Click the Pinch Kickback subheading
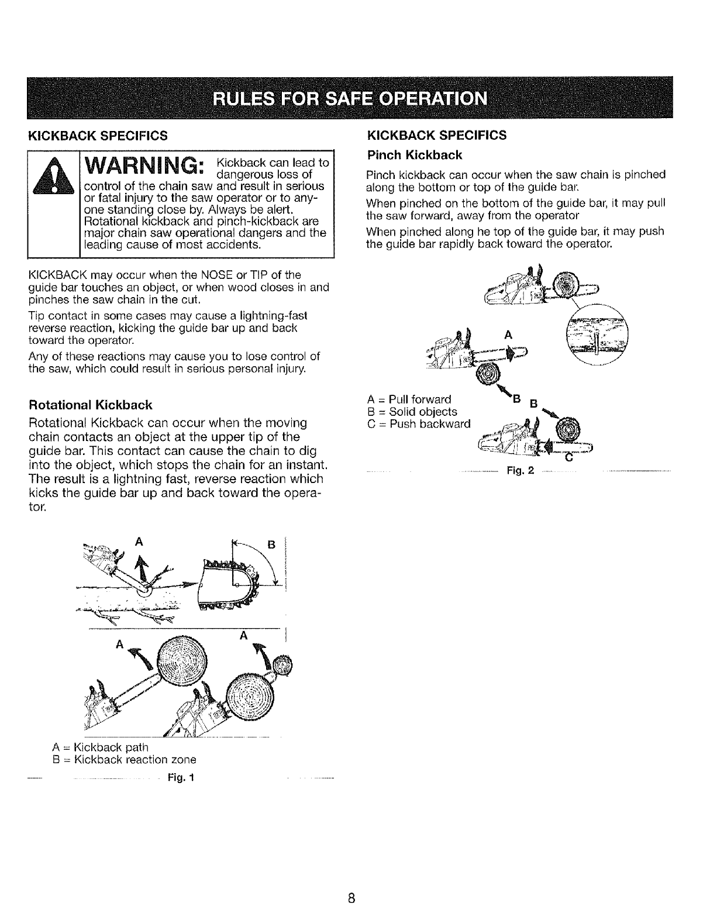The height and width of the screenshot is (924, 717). [x=413, y=155]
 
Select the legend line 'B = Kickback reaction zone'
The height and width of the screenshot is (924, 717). [x=124, y=760]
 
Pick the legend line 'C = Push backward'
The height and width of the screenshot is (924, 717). [x=419, y=423]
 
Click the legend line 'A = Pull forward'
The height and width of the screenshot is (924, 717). [x=409, y=400]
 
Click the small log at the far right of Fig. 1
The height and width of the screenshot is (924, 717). [x=283, y=666]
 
